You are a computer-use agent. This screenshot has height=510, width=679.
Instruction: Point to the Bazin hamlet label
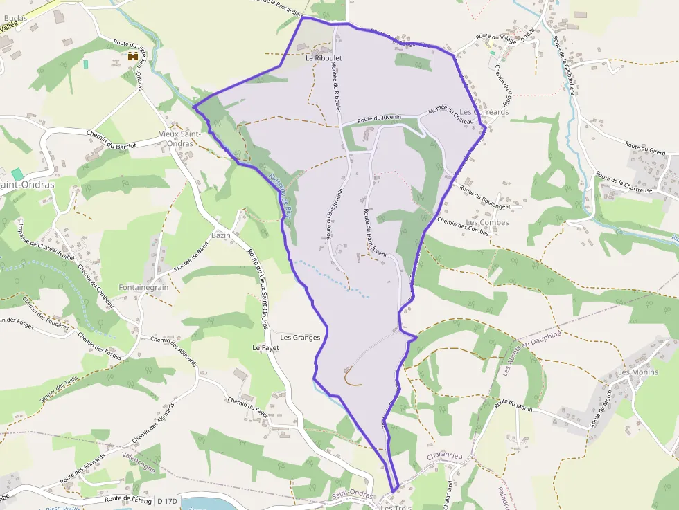(220, 235)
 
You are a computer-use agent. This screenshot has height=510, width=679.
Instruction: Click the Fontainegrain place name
(143, 287)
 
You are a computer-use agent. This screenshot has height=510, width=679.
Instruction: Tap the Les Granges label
(301, 338)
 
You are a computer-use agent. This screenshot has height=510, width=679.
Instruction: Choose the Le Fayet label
(265, 347)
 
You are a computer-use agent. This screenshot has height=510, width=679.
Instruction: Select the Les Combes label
(487, 223)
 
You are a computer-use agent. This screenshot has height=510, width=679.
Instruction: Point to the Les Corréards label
(484, 112)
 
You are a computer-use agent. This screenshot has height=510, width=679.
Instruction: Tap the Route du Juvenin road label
(380, 120)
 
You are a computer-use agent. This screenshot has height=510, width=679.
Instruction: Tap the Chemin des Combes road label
(464, 228)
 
